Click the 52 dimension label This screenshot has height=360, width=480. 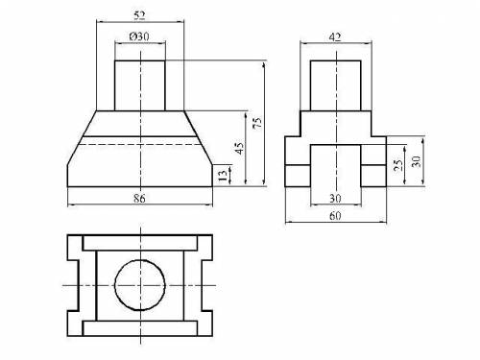pos(139,15)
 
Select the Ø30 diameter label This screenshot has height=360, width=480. pos(139,36)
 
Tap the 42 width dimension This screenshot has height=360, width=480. pos(335,37)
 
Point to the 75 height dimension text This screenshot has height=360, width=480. pos(257,123)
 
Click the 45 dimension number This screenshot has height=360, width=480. pos(239,148)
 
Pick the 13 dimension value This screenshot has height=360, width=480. pos(223,176)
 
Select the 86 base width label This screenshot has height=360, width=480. pos(139,199)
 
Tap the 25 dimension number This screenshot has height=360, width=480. pos(398,165)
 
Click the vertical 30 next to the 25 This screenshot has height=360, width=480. pos(416,161)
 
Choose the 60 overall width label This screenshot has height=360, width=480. pos(335,216)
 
